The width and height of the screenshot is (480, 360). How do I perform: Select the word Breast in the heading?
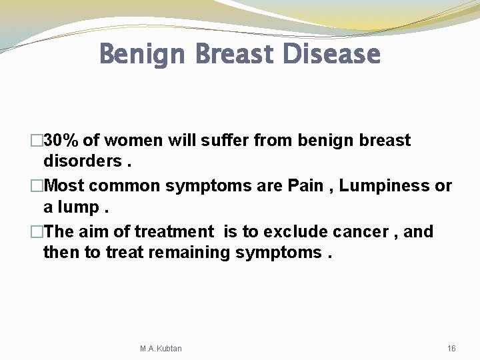click(237, 54)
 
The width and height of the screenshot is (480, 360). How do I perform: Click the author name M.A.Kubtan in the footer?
click(161, 349)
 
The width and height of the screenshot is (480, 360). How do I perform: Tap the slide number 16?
click(451, 349)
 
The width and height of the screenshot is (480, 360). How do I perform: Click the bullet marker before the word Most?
click(37, 186)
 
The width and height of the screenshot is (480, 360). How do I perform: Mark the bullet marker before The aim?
click(37, 232)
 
